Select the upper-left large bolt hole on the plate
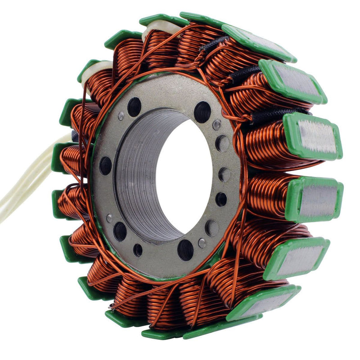(134, 107)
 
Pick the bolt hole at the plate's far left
(106, 166)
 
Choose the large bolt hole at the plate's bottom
(185, 249)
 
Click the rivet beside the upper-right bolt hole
(217, 125)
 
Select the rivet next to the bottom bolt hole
(202, 243)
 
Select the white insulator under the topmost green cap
(155, 30)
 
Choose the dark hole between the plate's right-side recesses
(221, 199)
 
